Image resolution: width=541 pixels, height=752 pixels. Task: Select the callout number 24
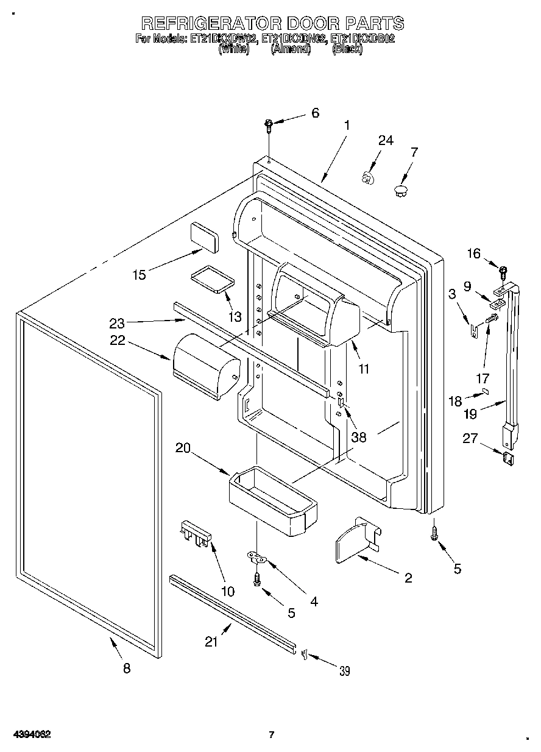tap(386, 140)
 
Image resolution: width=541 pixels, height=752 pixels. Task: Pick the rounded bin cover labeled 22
tap(206, 367)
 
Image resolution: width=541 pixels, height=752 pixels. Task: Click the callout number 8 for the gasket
tap(127, 669)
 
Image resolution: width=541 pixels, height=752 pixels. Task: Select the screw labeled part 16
tap(503, 271)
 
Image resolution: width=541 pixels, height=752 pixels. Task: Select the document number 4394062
tap(30, 734)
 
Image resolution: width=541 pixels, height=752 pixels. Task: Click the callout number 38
tap(358, 437)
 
